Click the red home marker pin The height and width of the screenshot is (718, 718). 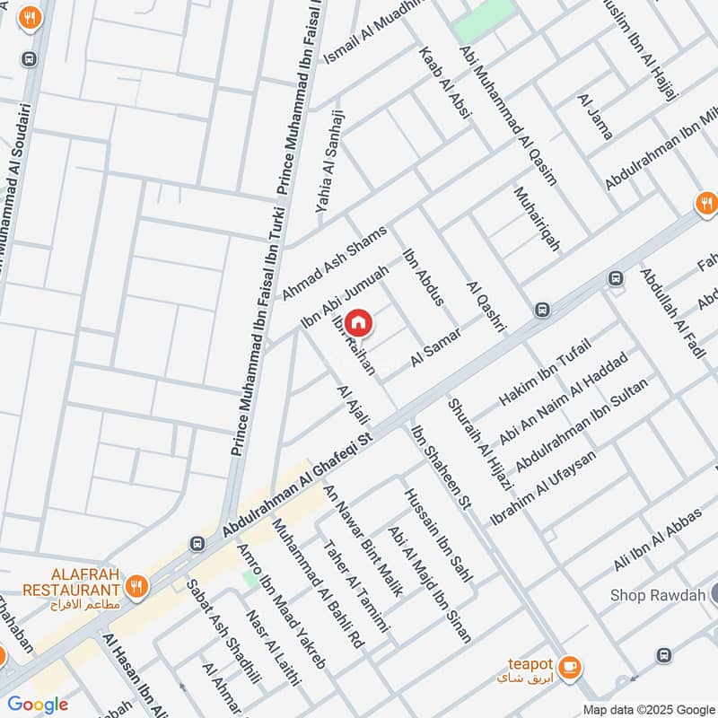pyautogui.click(x=358, y=321)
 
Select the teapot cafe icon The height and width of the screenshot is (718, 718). pyautogui.click(x=568, y=667)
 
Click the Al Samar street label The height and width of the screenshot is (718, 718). pyautogui.click(x=436, y=347)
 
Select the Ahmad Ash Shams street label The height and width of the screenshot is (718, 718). pyautogui.click(x=334, y=262)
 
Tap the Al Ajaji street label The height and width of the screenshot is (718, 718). pyautogui.click(x=346, y=406)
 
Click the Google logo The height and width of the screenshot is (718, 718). pyautogui.click(x=38, y=705)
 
